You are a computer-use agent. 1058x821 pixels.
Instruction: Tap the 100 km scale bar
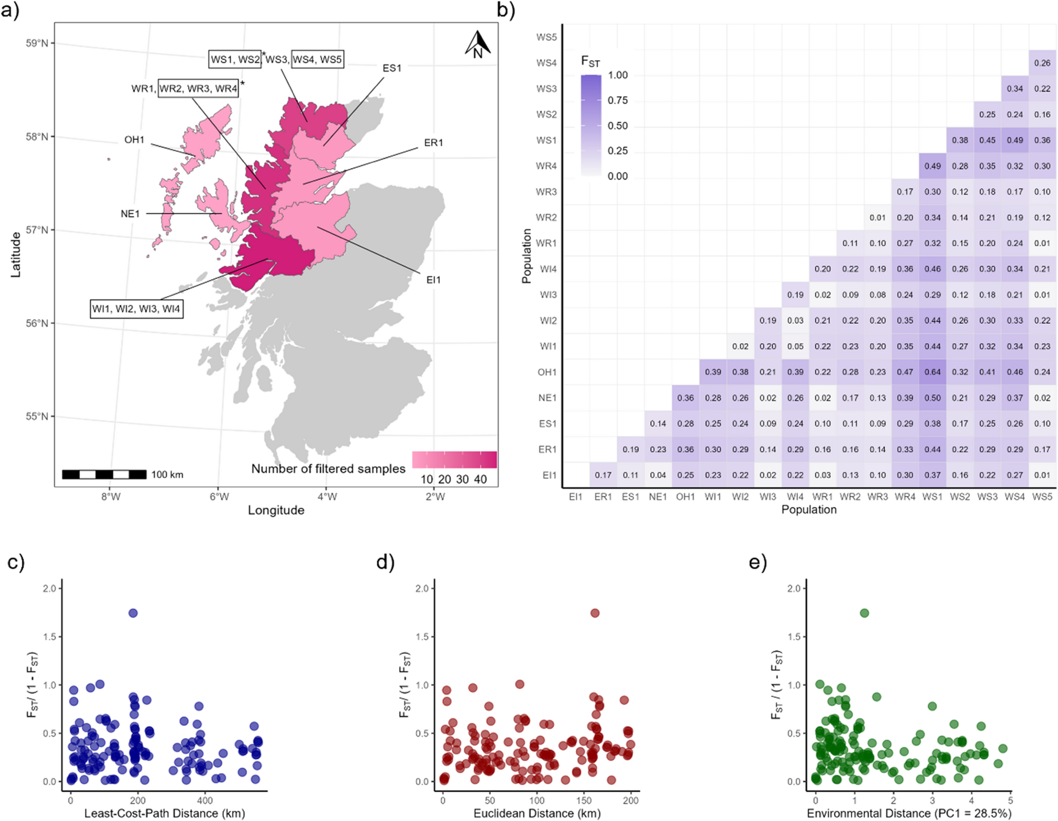(104, 475)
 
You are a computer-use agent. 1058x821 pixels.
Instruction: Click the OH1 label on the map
(134, 140)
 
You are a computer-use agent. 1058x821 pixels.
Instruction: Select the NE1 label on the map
(130, 214)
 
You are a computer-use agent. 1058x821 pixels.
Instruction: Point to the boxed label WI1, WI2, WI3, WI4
(136, 308)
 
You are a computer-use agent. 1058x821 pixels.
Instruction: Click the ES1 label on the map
(392, 68)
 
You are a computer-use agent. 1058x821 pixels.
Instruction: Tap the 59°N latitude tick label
(37, 43)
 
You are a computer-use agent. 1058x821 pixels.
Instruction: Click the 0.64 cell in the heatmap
(933, 372)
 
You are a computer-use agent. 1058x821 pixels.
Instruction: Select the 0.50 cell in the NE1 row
(933, 398)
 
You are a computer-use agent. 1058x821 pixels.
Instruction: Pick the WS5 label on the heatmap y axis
(546, 37)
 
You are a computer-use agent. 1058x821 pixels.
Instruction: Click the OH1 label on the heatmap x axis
(686, 497)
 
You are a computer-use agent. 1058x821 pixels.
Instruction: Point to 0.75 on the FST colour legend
(618, 101)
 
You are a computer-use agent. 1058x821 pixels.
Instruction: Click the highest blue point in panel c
(133, 613)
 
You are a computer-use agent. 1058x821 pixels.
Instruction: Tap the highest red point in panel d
(595, 613)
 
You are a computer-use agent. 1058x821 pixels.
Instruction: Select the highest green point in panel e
(864, 613)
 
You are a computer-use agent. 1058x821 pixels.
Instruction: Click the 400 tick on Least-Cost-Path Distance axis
(205, 800)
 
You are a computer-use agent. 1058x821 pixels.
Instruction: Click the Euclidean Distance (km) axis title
(537, 813)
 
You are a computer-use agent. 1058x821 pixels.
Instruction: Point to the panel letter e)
(758, 562)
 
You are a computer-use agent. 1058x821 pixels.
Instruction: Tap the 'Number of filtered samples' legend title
(328, 469)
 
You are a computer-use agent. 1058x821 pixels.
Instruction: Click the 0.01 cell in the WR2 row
(878, 217)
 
